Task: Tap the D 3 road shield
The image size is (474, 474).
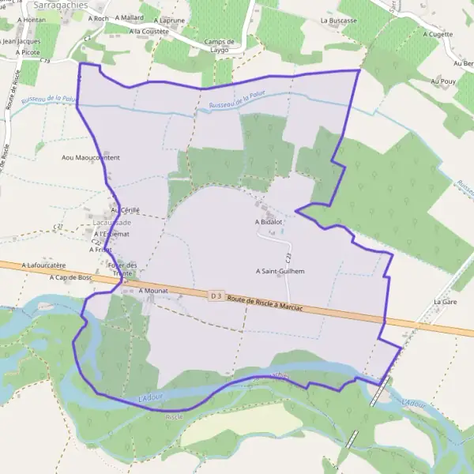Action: (216, 295)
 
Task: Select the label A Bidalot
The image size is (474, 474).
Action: (269, 223)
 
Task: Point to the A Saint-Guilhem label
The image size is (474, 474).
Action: (280, 270)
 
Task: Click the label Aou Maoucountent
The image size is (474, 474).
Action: (91, 158)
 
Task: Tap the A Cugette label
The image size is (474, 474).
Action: (438, 34)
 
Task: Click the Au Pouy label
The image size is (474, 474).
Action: (444, 81)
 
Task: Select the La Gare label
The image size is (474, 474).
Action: (446, 302)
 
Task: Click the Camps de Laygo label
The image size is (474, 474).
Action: (219, 46)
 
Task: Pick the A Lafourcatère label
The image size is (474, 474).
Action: (43, 265)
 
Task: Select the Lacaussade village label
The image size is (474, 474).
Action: (112, 223)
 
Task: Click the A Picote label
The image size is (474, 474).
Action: (27, 52)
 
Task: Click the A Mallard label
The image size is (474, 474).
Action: (129, 17)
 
